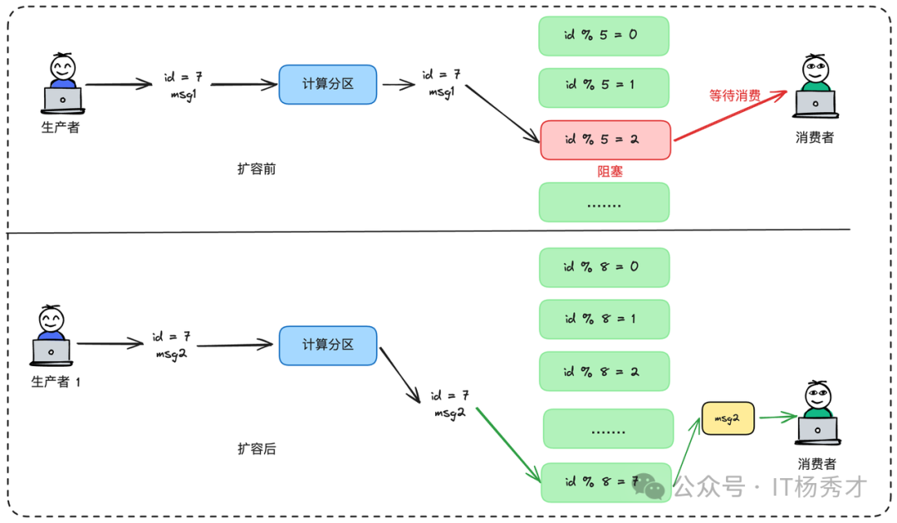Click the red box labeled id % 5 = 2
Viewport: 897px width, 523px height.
coord(605,139)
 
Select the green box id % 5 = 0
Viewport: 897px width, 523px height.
coord(603,36)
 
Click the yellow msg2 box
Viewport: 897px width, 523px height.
coord(728,419)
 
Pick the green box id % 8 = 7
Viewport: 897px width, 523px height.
coord(605,481)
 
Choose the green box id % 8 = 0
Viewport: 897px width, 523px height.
coord(603,267)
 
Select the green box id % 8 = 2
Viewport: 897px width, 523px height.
coord(603,371)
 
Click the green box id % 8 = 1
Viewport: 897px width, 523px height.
coord(603,319)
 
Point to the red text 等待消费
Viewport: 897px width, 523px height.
coord(734,95)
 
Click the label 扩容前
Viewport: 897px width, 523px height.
coord(257,169)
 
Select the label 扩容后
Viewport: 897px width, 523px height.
coord(257,448)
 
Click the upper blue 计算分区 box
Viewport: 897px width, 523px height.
coord(328,85)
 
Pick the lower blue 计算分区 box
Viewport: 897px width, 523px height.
coord(328,345)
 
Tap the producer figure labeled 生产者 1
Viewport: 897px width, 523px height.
coord(52,336)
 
